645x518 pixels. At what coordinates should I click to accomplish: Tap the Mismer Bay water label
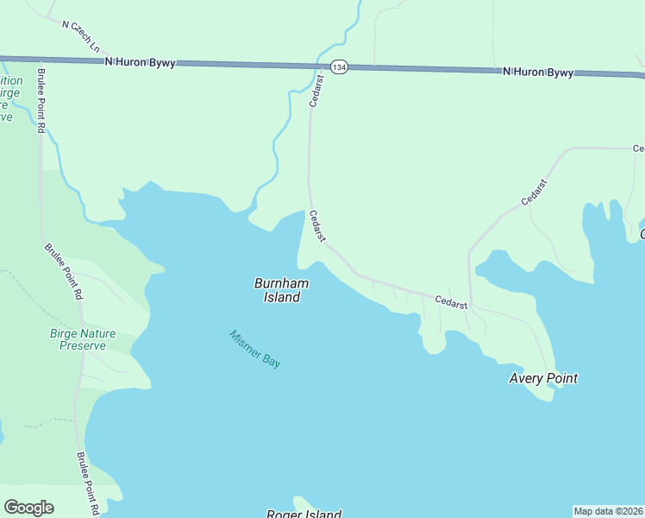[254, 349]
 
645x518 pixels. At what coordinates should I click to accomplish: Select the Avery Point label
[542, 378]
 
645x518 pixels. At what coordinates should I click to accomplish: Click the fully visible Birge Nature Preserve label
[83, 339]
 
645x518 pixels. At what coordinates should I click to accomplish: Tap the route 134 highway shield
[338, 66]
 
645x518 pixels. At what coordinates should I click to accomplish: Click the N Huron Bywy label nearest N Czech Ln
[139, 62]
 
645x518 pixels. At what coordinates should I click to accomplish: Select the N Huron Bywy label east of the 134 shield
[538, 73]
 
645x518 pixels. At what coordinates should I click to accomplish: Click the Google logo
[28, 508]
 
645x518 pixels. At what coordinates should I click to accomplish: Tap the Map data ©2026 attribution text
[608, 511]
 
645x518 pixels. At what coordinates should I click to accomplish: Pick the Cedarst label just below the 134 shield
[316, 91]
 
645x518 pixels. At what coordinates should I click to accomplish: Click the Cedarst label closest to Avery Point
[451, 303]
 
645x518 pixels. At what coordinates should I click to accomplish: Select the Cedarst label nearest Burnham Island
[316, 225]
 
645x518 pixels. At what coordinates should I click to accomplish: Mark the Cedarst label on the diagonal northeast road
[535, 192]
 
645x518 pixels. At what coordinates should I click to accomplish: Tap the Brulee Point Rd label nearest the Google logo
[86, 483]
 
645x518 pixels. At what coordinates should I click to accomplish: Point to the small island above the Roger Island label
[302, 502]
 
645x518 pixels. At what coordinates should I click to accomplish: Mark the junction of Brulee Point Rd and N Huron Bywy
[40, 60]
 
